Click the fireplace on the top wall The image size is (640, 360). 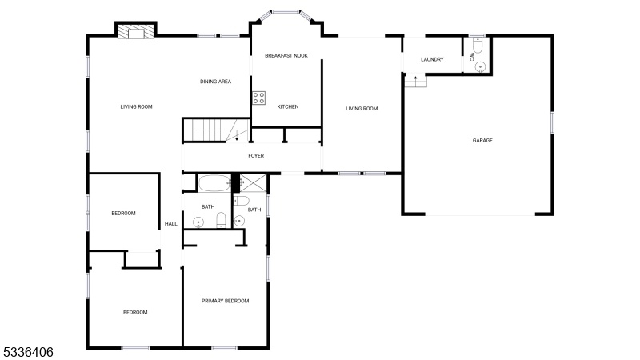(x=136, y=31)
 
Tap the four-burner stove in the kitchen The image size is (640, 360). (x=258, y=98)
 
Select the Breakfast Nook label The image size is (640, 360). (x=286, y=55)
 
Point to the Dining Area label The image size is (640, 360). (x=215, y=82)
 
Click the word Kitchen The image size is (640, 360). (x=288, y=107)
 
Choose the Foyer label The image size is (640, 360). (x=256, y=156)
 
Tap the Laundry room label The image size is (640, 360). (x=432, y=59)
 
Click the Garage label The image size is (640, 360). (x=482, y=141)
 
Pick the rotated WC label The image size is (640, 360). (x=472, y=55)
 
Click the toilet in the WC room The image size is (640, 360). (x=478, y=46)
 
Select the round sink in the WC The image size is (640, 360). (x=481, y=66)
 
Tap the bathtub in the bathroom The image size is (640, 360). (x=214, y=183)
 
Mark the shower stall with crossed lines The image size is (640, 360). (x=253, y=183)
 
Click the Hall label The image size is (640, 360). (x=171, y=224)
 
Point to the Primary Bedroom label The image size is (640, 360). (x=226, y=302)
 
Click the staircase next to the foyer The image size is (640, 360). (x=215, y=130)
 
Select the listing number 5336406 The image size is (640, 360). (x=28, y=352)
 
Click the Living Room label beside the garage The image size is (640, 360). (x=362, y=109)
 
